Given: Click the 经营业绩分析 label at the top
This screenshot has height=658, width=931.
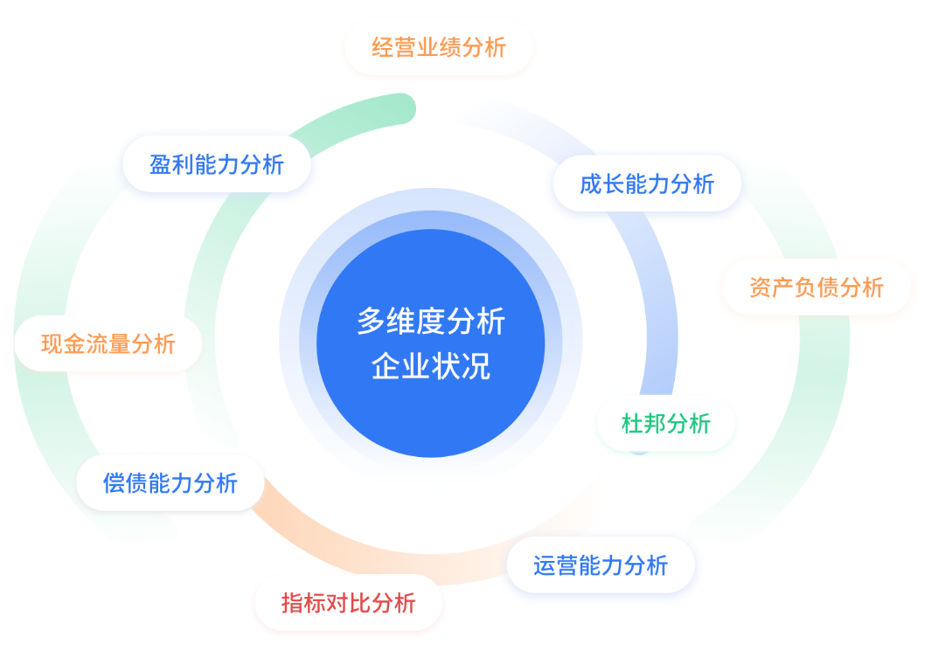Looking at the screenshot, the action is (438, 47).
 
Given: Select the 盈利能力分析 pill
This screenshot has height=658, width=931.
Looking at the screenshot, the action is (217, 164).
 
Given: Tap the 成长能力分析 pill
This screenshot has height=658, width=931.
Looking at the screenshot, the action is (647, 184).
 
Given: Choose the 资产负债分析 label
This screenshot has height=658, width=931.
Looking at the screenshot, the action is (816, 287).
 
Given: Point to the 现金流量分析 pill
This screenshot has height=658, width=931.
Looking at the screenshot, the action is (108, 343).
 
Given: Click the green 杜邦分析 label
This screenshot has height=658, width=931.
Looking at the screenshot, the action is (665, 424).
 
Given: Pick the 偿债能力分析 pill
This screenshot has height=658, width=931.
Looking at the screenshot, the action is (170, 483).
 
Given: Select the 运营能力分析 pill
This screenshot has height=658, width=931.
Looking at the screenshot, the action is (601, 564).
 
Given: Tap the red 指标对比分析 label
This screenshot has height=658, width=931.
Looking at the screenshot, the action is (349, 603).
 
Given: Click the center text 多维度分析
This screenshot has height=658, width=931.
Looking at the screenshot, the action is (430, 321).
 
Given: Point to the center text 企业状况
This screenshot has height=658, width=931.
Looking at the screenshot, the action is (430, 366).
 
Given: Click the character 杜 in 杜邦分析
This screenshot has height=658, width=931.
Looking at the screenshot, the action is (632, 424).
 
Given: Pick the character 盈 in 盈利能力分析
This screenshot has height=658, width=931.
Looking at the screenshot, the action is (160, 164).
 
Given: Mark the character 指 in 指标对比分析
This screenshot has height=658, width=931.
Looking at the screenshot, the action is (292, 603).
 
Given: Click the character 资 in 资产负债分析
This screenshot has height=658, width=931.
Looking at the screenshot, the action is (760, 287).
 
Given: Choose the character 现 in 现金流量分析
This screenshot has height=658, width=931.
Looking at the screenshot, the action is (52, 343).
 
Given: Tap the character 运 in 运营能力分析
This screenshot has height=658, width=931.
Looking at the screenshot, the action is (544, 564).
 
